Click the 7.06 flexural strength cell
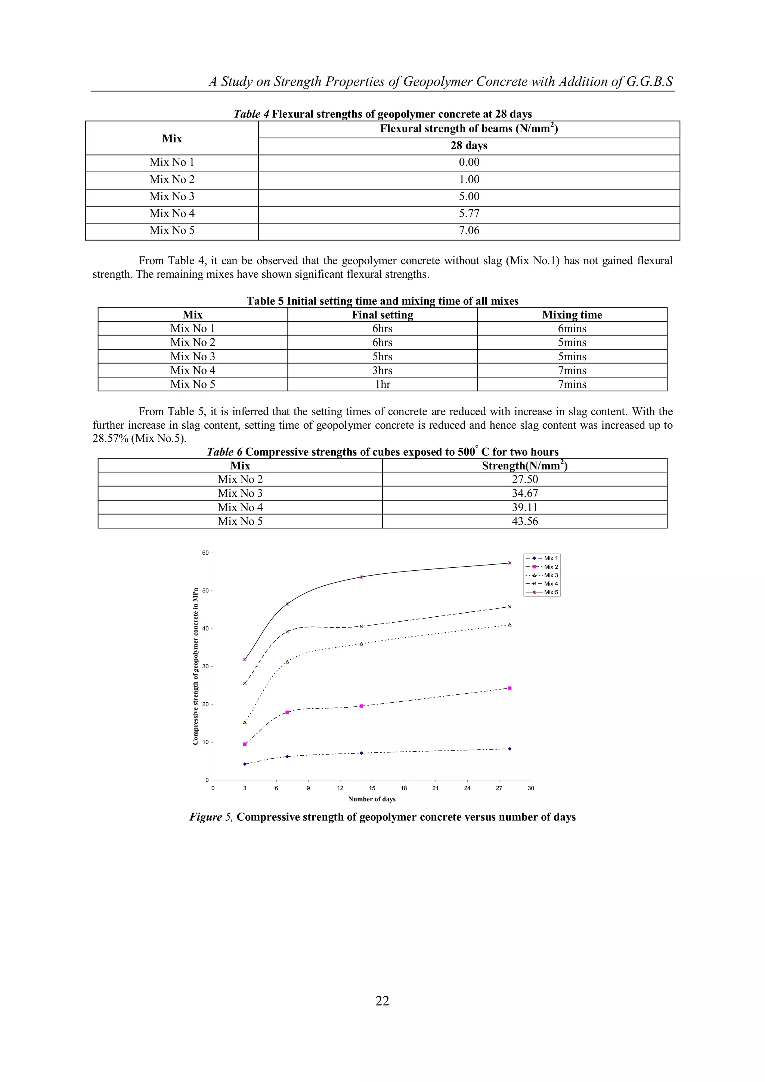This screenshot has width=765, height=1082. pyautogui.click(x=469, y=231)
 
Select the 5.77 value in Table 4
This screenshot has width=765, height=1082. pyautogui.click(x=469, y=213)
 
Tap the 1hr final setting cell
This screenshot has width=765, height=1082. pyautogui.click(x=382, y=384)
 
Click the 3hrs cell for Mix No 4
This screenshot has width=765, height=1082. pyautogui.click(x=382, y=370)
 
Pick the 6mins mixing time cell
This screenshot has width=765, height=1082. pyautogui.click(x=572, y=329)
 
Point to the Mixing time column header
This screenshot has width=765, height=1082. pyautogui.click(x=572, y=315)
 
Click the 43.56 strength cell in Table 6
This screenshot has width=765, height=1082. pyautogui.click(x=525, y=521)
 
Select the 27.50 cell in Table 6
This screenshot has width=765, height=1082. pyautogui.click(x=525, y=479)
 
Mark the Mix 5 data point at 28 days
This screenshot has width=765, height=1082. pyautogui.click(x=510, y=563)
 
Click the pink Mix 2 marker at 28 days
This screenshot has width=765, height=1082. pyautogui.click(x=510, y=688)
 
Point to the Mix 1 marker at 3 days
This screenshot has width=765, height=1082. pyautogui.click(x=245, y=764)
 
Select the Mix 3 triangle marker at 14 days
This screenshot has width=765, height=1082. pyautogui.click(x=361, y=644)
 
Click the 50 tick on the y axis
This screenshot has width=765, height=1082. pyautogui.click(x=205, y=591)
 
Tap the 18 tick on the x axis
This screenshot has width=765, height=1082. pyautogui.click(x=404, y=788)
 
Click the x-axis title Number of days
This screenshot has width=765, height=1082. pyautogui.click(x=372, y=799)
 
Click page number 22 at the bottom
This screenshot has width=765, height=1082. pyautogui.click(x=382, y=1001)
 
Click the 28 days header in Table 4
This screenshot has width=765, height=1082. pyautogui.click(x=469, y=146)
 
